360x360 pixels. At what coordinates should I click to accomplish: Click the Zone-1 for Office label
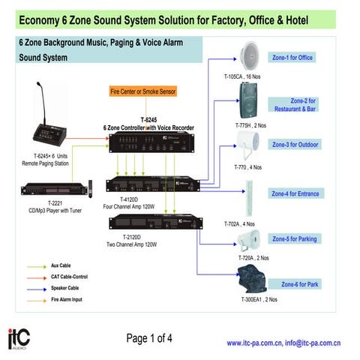(x=292, y=57)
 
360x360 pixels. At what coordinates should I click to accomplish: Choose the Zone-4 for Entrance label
(x=295, y=193)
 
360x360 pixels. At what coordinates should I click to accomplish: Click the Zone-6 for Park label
(x=299, y=284)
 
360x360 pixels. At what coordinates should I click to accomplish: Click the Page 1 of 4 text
(x=150, y=338)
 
